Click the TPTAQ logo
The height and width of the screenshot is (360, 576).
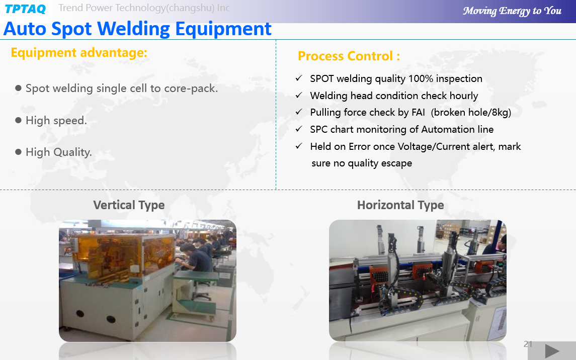click(x=25, y=9)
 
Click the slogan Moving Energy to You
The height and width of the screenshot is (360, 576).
click(x=512, y=11)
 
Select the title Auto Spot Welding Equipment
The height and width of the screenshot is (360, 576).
click(x=137, y=29)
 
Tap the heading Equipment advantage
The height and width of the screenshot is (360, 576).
click(x=79, y=53)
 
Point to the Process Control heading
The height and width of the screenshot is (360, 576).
click(x=349, y=56)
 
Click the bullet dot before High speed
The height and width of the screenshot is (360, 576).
click(x=19, y=120)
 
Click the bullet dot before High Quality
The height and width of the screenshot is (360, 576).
click(x=19, y=152)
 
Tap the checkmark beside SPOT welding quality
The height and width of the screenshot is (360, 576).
click(x=299, y=78)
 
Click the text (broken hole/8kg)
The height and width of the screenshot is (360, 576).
click(x=471, y=112)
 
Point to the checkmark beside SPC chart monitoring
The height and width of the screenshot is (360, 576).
click(x=299, y=129)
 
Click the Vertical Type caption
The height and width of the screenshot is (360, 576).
click(x=129, y=205)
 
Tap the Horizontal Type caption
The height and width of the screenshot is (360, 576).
click(x=400, y=205)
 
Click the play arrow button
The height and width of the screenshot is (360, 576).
click(x=552, y=351)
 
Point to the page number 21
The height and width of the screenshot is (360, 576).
click(x=528, y=344)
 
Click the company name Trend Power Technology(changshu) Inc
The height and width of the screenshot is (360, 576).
click(x=144, y=8)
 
